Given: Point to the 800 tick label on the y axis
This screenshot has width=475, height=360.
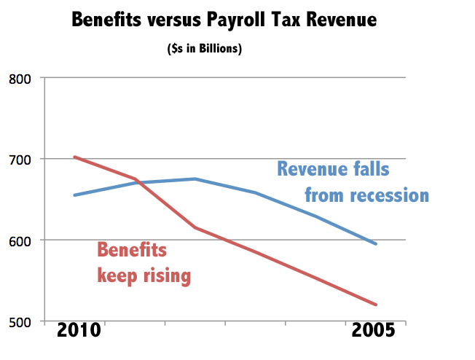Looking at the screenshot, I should tap(20, 78).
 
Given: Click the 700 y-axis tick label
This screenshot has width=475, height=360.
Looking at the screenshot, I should tap(20, 159).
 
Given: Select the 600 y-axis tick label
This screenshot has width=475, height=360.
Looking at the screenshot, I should tap(20, 240).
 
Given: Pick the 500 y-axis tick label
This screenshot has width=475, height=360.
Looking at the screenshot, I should tap(20, 321).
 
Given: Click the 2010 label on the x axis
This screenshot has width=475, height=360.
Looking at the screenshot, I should tap(79, 330).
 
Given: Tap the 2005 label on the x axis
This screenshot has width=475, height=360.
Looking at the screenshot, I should tap(373, 330).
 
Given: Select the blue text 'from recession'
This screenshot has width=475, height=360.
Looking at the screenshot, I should tap(366, 195).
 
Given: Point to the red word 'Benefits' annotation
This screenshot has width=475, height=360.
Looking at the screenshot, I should tap(132, 251).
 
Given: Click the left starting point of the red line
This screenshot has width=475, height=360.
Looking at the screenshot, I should tap(74, 157).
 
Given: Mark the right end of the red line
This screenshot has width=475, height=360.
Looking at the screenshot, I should tap(376, 305).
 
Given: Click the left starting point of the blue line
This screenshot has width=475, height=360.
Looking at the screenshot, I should tap(74, 195).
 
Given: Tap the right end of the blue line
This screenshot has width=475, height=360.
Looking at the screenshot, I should tap(376, 244).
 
